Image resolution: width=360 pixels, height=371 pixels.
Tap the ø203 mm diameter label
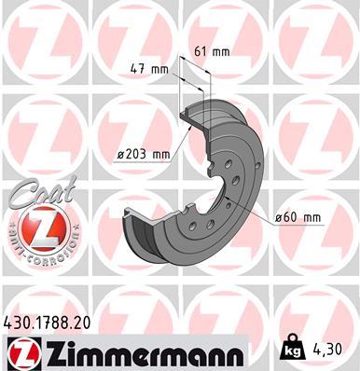click(x=143, y=155)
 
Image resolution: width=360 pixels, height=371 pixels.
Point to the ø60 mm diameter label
click(x=298, y=217)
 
